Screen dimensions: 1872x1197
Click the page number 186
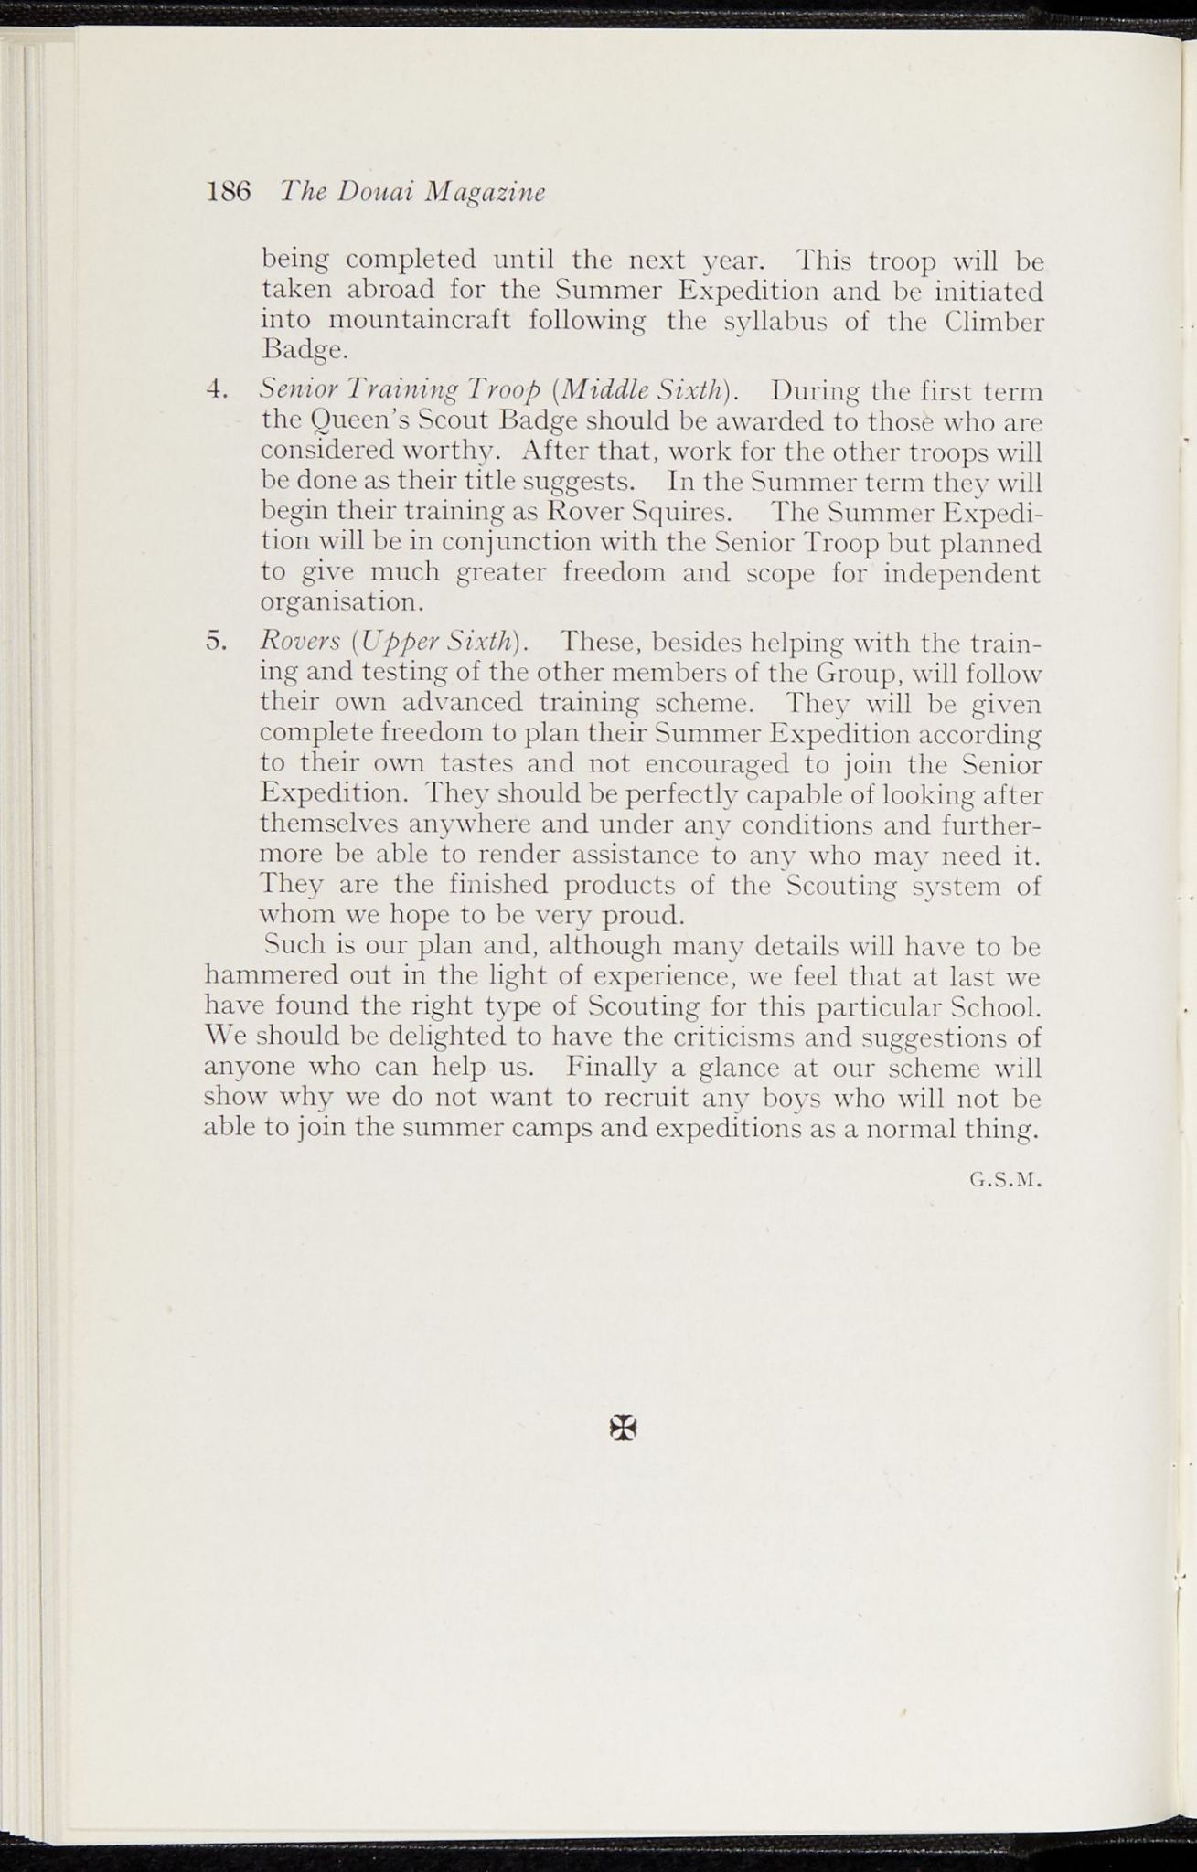coord(229,191)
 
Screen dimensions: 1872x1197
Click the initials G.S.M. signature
coord(1006,1180)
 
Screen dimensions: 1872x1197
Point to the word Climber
coord(994,322)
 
